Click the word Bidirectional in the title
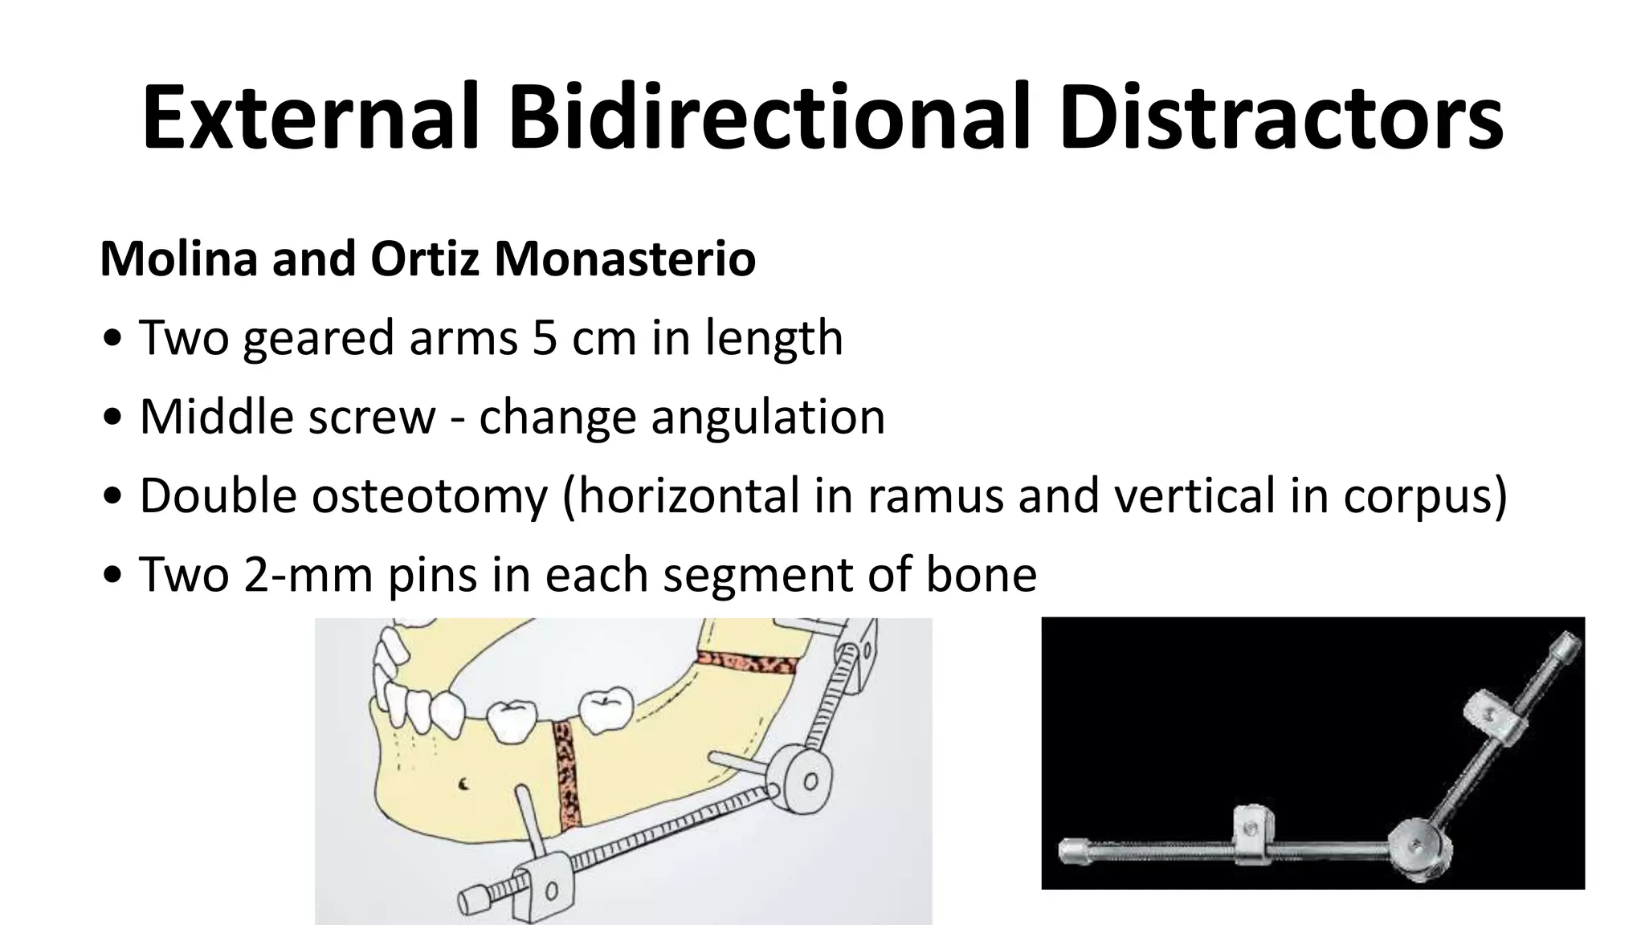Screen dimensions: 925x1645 769,118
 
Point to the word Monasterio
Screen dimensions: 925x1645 624,259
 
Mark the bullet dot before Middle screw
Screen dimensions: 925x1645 114,418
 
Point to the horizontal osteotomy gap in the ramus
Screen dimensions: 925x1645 747,664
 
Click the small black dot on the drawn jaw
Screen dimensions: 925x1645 463,784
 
